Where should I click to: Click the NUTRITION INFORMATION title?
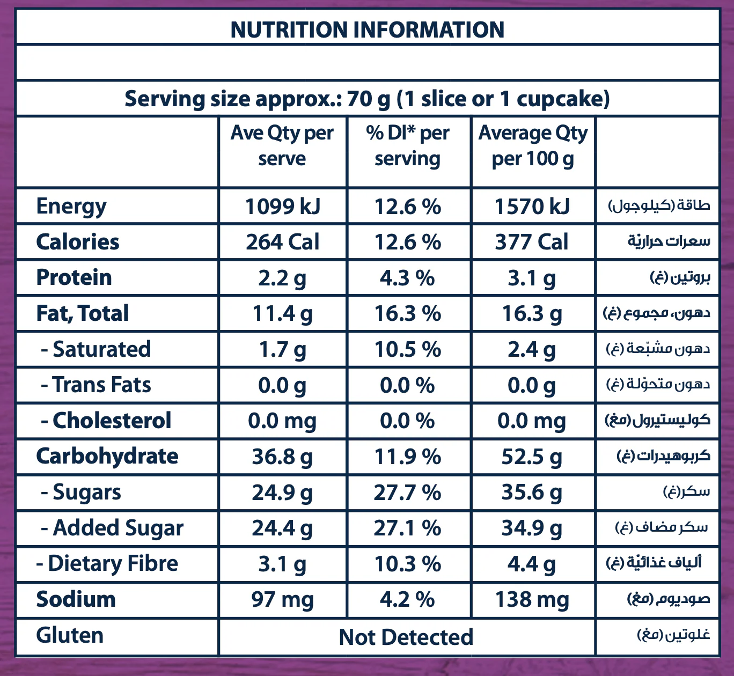point(367,30)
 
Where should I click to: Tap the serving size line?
point(367,99)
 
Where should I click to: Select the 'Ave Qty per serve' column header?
point(282,145)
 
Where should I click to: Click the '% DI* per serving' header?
point(408,145)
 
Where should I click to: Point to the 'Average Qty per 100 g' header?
point(533,145)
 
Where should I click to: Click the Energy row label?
point(71,207)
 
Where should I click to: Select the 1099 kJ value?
point(282,207)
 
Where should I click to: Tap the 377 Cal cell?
point(532,242)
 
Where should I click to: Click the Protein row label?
point(74,278)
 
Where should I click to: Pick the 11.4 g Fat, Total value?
point(282,314)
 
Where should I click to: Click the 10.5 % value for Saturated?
point(408,350)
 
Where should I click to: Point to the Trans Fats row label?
point(97,385)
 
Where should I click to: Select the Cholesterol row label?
point(106,421)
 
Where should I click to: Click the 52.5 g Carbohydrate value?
point(532,457)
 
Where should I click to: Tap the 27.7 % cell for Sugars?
point(408,493)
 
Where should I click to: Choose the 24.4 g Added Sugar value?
point(282,528)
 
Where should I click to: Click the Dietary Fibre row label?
point(107,564)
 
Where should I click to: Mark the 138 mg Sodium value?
point(532,600)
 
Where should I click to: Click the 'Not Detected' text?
point(406,637)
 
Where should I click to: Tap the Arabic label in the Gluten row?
point(673,635)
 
